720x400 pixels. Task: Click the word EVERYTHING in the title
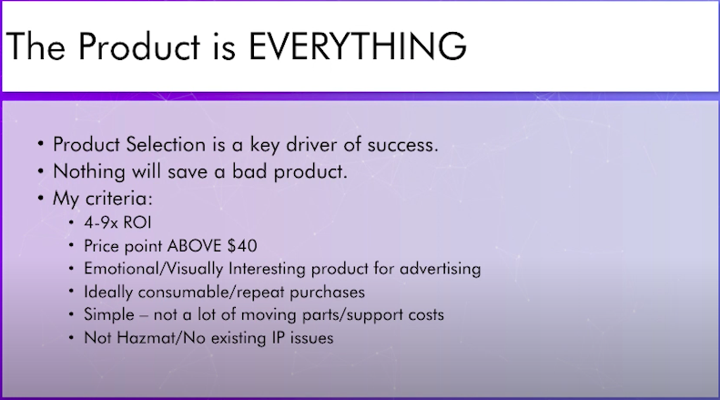coord(358,46)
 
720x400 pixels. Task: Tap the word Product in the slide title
coord(139,46)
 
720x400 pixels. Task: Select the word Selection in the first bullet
coord(166,144)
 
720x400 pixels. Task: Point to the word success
coord(402,145)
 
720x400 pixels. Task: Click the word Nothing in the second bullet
coord(89,172)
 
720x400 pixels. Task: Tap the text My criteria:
coord(102,199)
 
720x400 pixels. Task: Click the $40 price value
coord(242,246)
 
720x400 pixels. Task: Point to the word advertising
coord(440,269)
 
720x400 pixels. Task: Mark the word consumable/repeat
coord(211,292)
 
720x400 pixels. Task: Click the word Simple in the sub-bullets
coord(109,315)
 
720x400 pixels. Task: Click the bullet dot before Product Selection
coord(41,144)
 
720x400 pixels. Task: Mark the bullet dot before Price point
coord(71,245)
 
